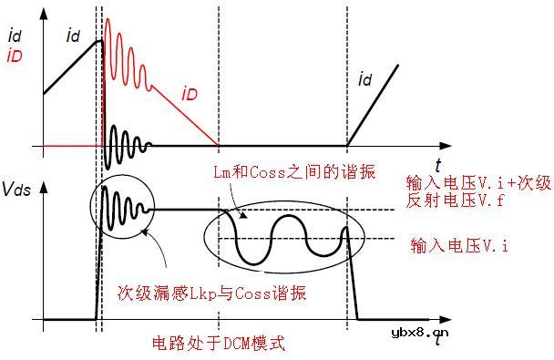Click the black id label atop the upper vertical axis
pyautogui.click(x=13, y=37)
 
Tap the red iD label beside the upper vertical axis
pyautogui.click(x=14, y=57)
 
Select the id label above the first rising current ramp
pyautogui.click(x=74, y=36)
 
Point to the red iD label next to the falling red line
pyautogui.click(x=190, y=92)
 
